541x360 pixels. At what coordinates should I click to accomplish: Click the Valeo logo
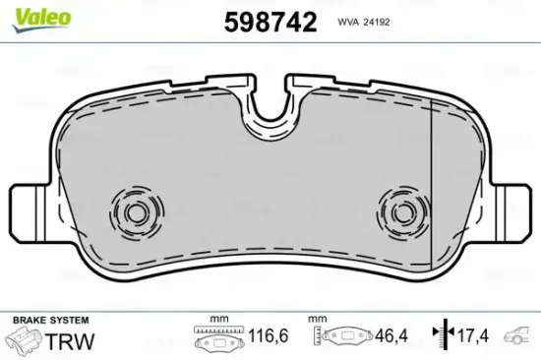point(41,20)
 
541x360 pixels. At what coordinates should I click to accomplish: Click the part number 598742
point(270,23)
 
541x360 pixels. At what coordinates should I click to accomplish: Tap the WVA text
point(347,22)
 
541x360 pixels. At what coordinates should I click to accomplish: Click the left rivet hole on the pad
point(137,213)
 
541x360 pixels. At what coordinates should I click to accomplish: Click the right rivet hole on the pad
point(402,213)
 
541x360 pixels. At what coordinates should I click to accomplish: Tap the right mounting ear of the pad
point(511,212)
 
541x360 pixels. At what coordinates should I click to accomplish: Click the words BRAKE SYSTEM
point(51,320)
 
